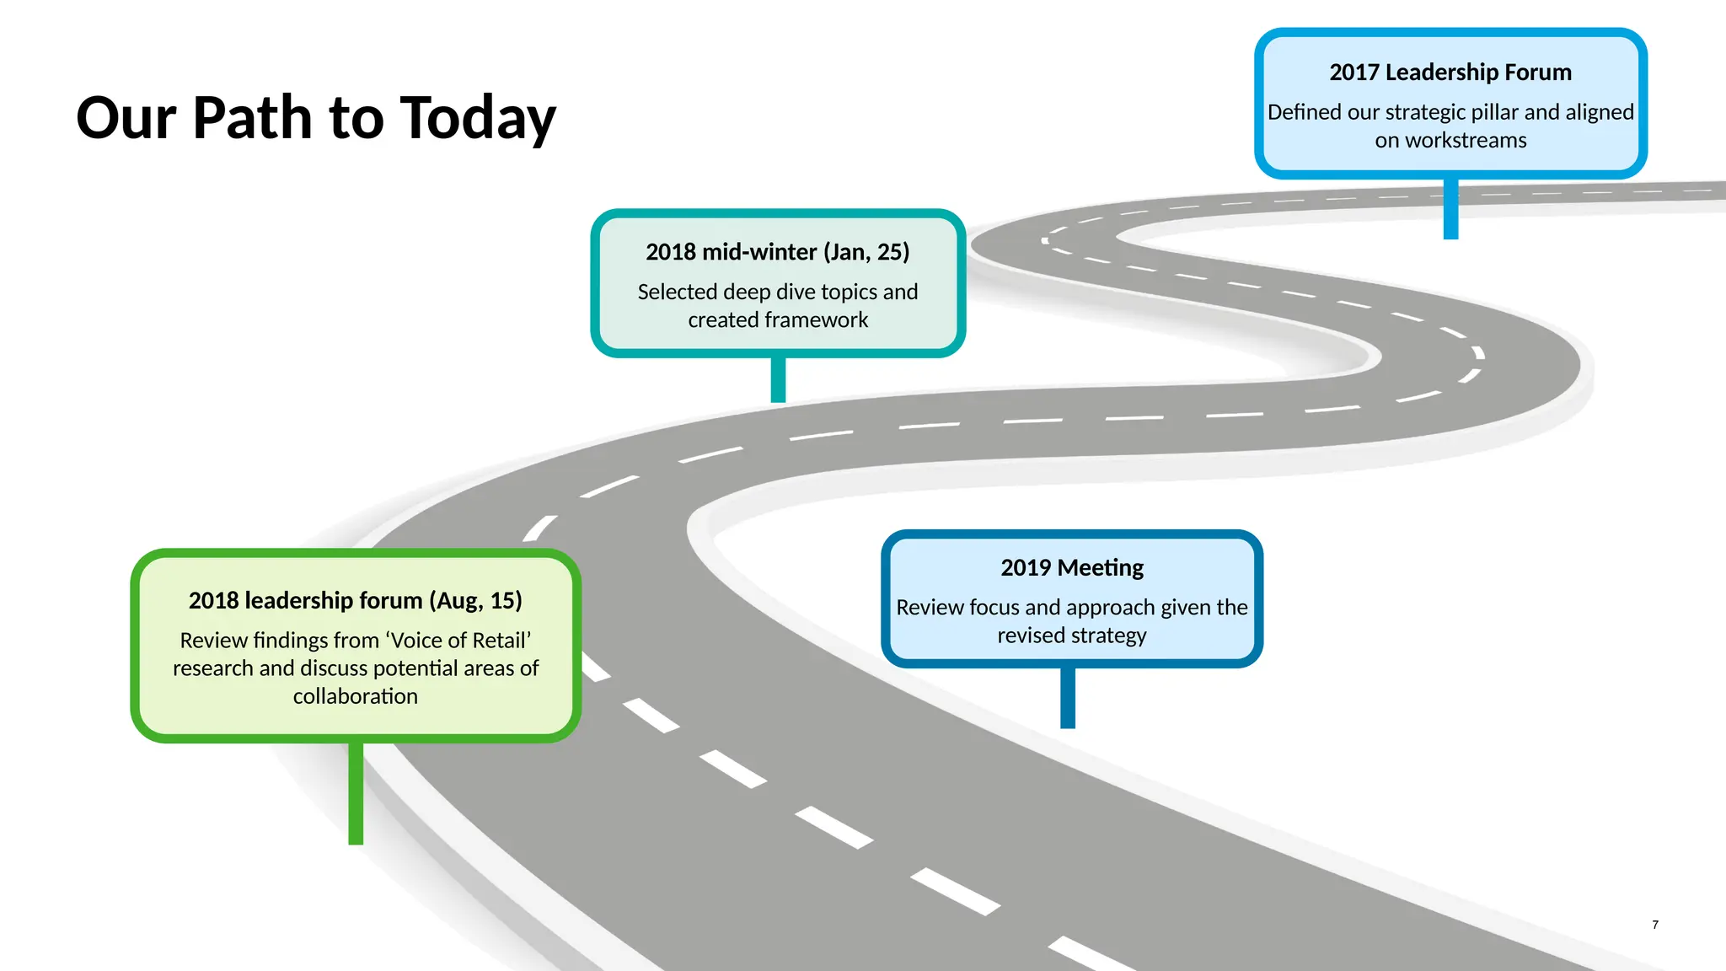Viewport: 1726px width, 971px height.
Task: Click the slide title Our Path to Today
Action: [x=316, y=118]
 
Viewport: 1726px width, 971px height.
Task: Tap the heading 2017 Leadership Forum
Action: [x=1450, y=72]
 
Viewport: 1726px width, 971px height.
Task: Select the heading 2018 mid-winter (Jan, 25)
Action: [x=777, y=252]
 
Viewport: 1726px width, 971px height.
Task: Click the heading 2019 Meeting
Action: [x=1072, y=568]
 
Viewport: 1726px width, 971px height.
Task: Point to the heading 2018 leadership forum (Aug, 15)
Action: [x=355, y=601]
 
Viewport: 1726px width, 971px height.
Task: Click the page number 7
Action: [x=1655, y=925]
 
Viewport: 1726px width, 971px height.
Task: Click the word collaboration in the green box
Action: [x=355, y=697]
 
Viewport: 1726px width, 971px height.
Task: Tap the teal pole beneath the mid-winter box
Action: [x=778, y=379]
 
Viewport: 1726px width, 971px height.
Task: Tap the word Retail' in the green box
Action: [x=501, y=641]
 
